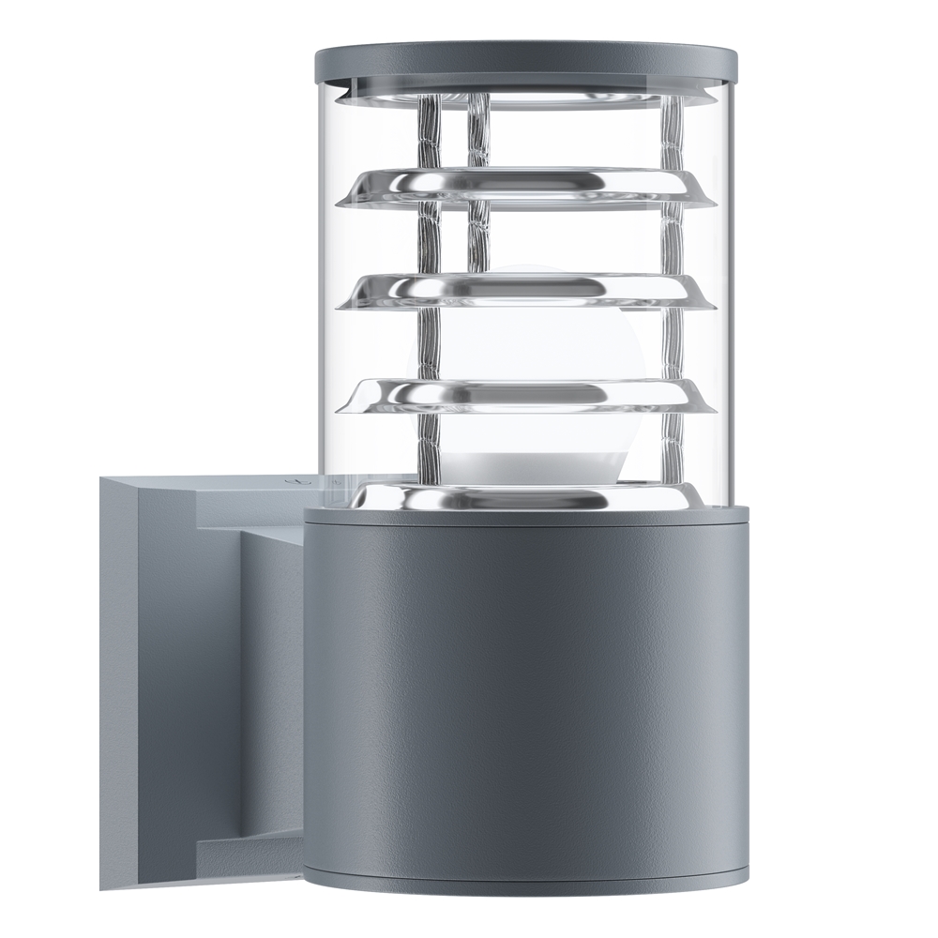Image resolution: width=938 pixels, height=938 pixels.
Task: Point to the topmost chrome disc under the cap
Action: point(525,98)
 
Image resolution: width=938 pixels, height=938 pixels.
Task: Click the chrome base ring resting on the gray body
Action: point(525,497)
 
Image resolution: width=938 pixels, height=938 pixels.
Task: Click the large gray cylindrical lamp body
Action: point(525,694)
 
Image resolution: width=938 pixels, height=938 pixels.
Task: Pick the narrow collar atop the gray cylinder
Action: point(525,515)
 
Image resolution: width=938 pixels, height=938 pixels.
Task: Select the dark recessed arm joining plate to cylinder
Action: point(272,694)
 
